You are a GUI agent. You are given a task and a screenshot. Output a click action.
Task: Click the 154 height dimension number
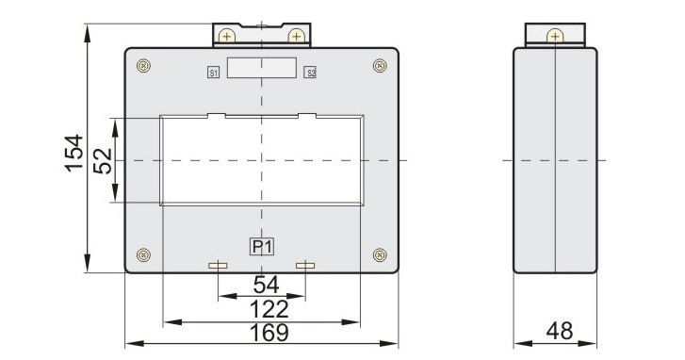click(x=74, y=153)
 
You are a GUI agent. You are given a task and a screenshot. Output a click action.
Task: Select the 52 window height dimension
click(x=103, y=161)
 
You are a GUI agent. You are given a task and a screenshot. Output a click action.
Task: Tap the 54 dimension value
click(x=266, y=285)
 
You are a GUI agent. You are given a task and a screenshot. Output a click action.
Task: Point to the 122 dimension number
click(x=269, y=309)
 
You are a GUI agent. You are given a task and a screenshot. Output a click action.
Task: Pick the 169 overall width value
click(x=269, y=333)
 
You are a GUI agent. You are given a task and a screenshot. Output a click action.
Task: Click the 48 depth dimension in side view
click(x=559, y=331)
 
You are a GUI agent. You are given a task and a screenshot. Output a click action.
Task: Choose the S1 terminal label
click(x=213, y=73)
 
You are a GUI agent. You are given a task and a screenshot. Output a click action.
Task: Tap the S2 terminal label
click(x=310, y=73)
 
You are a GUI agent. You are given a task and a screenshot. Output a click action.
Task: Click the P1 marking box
click(x=262, y=247)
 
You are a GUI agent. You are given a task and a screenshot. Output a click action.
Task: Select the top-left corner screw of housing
click(x=143, y=66)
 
